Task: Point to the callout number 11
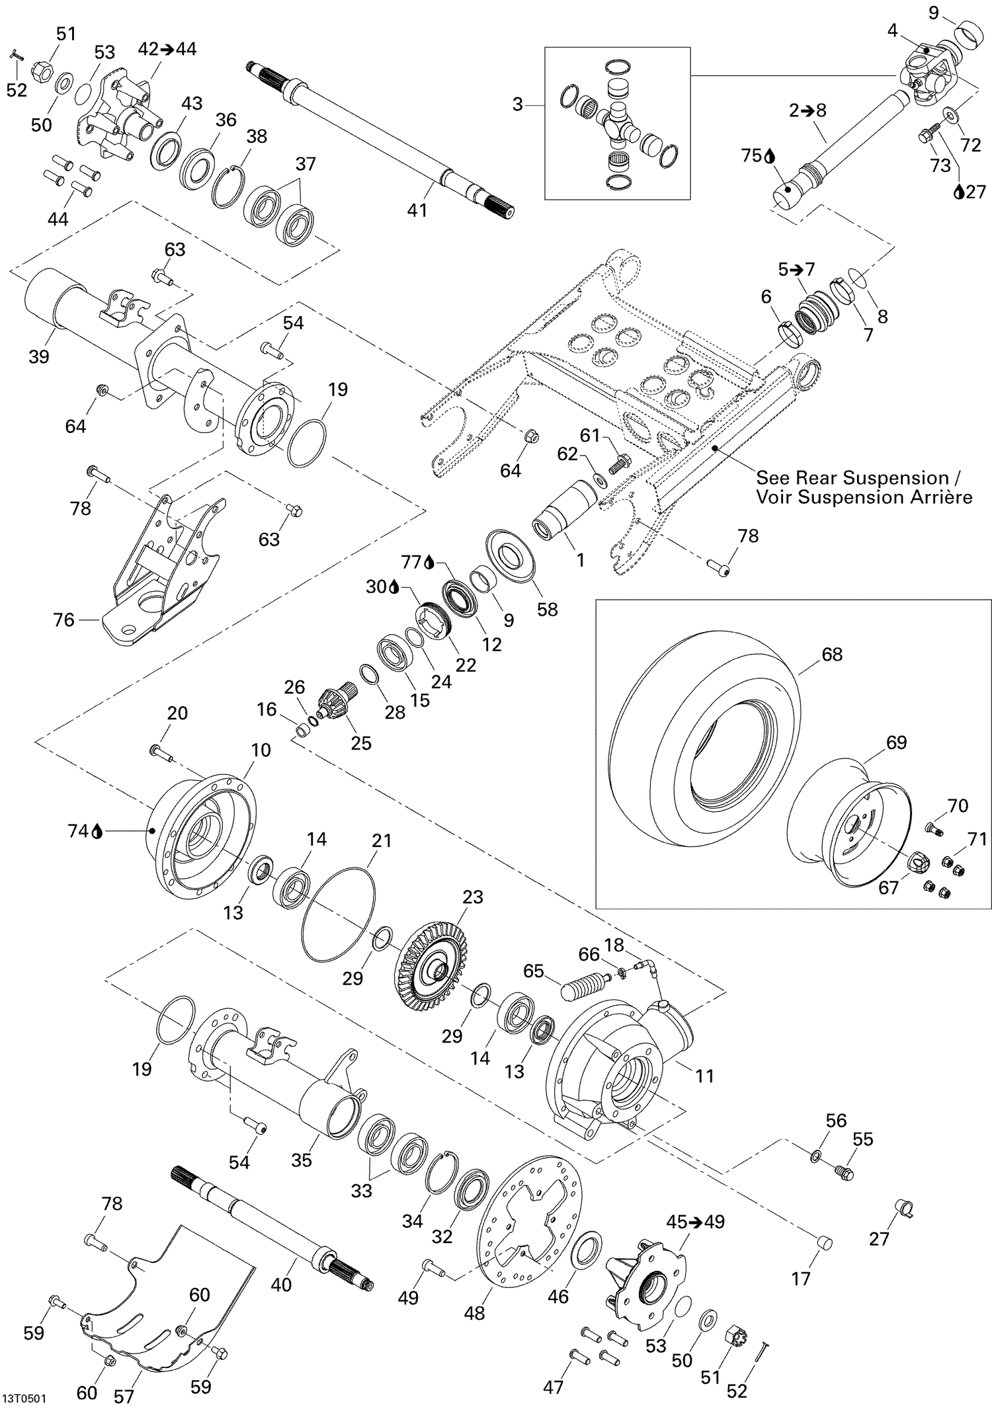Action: tap(705, 1076)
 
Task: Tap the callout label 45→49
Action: tap(695, 1221)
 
